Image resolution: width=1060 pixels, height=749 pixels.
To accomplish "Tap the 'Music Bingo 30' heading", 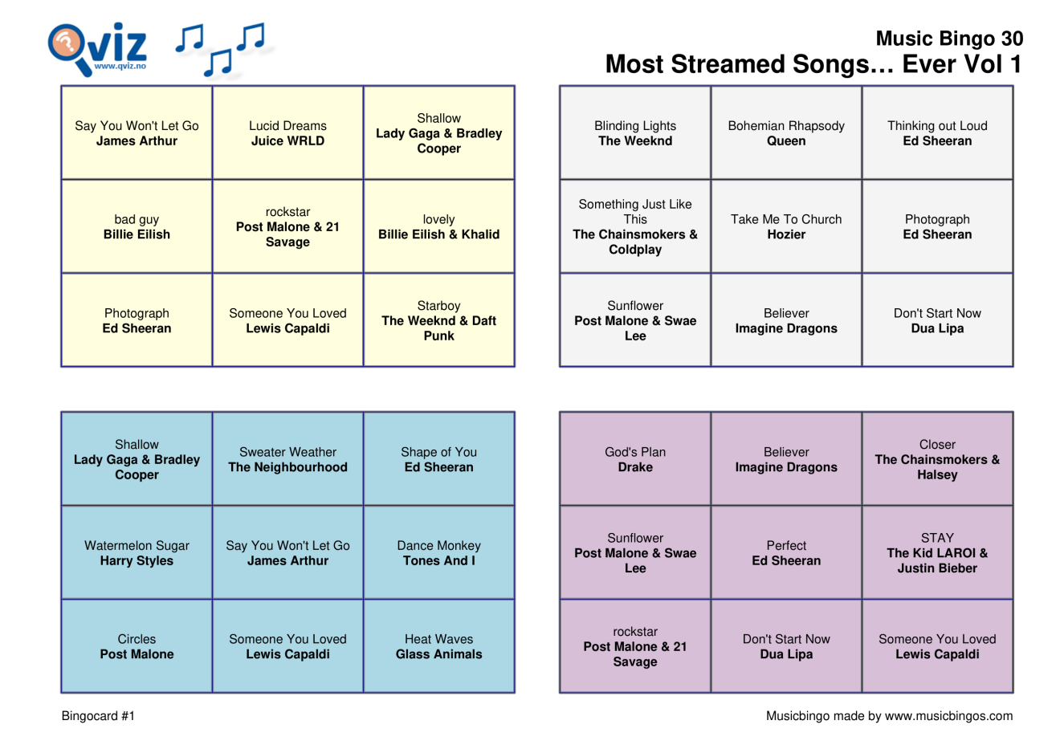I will click(948, 39).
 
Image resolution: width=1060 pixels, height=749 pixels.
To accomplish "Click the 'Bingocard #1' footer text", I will click(98, 716).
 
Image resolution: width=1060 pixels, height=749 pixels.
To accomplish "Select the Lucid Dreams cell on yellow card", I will click(287, 133).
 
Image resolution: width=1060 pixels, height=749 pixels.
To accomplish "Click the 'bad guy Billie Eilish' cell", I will click(137, 226).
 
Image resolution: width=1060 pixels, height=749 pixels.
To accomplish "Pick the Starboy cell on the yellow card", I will click(438, 320).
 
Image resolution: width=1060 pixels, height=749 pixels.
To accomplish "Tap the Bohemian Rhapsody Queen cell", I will click(786, 133).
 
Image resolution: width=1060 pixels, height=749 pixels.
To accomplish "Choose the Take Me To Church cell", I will click(786, 226).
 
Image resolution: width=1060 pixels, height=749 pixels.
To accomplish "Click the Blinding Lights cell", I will click(635, 133).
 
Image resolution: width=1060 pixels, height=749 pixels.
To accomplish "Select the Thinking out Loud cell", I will click(937, 133).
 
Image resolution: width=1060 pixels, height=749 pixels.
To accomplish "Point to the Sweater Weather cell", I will click(287, 459).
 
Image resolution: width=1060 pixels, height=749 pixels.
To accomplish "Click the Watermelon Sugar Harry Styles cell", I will click(137, 553).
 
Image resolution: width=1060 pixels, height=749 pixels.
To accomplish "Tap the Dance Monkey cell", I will click(438, 553).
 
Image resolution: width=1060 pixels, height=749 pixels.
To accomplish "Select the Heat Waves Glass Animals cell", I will click(438, 646).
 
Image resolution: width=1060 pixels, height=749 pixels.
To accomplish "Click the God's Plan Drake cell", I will click(635, 459).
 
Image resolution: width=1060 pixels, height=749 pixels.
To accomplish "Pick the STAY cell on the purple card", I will click(937, 553).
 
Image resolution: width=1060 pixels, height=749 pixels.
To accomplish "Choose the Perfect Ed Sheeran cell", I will click(786, 553).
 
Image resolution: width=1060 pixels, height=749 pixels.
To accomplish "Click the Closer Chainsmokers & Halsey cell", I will click(937, 459).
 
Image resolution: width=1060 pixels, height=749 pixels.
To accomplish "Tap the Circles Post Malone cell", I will click(137, 646).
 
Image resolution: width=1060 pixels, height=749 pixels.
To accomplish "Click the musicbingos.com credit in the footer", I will click(889, 716).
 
